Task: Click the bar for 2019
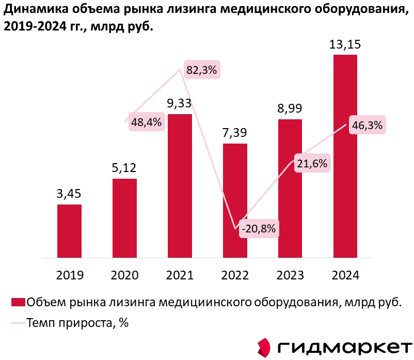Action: click(x=69, y=230)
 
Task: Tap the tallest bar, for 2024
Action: click(x=345, y=155)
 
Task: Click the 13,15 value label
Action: click(x=345, y=44)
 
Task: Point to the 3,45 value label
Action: click(x=69, y=194)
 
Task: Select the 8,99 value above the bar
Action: click(x=290, y=108)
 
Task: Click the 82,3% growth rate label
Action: click(x=202, y=70)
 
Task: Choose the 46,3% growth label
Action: click(x=367, y=125)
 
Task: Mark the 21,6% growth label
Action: click(x=312, y=164)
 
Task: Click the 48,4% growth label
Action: click(x=147, y=122)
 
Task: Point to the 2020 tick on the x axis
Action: click(x=124, y=275)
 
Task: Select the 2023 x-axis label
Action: click(x=290, y=275)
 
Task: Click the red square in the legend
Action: click(x=18, y=302)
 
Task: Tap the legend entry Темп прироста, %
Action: click(x=77, y=324)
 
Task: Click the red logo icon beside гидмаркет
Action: click(x=264, y=347)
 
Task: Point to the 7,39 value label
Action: click(x=235, y=133)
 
